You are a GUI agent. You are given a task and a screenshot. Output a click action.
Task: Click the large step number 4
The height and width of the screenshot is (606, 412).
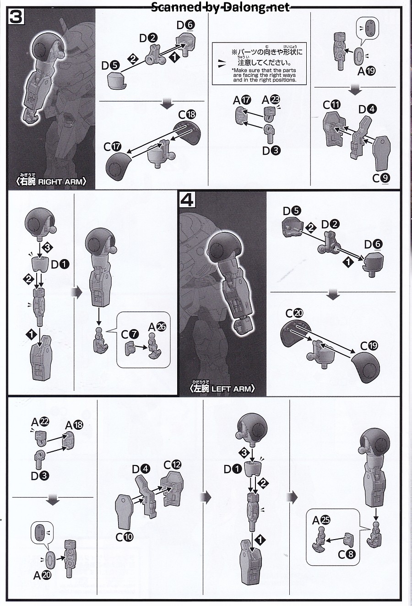point(187,200)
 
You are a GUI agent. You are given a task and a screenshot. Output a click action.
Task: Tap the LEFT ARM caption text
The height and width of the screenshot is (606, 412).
point(222,388)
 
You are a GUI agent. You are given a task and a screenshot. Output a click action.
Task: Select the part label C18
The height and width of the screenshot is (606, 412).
point(187,114)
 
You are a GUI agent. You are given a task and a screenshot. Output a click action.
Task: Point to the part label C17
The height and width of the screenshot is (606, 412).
point(112,147)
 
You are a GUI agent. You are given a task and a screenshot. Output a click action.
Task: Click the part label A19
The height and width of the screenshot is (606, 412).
point(367,71)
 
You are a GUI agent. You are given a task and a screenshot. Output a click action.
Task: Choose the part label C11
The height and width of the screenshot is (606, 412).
point(331,105)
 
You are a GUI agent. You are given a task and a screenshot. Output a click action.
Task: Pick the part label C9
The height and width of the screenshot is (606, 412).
point(381,178)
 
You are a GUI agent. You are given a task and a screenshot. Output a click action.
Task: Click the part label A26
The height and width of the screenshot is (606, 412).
point(157,327)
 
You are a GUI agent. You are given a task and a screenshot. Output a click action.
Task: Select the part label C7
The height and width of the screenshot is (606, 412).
point(130,335)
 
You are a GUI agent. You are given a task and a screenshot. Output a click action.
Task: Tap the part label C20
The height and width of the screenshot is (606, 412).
point(294,313)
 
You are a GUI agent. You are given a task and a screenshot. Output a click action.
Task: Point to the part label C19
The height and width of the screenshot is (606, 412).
point(369,346)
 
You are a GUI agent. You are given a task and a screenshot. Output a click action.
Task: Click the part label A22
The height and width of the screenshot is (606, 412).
point(40,422)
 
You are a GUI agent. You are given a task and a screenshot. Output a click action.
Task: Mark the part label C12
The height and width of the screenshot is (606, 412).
point(172,464)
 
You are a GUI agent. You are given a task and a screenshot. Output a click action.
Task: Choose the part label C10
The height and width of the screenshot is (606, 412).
point(125,537)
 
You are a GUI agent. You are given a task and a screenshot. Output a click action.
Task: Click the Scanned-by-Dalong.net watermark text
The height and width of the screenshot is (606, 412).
point(220,7)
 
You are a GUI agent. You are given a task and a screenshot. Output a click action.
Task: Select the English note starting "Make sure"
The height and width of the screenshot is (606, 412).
point(264,75)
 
